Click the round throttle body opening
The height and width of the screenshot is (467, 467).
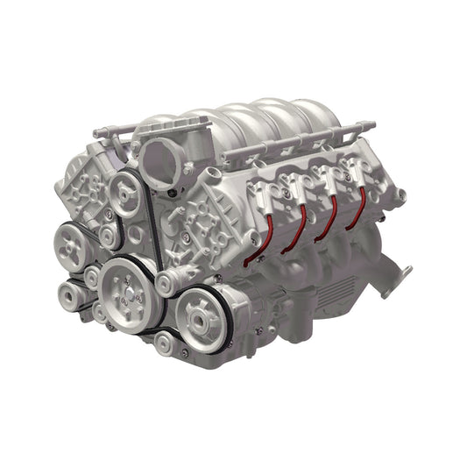pos(160,158)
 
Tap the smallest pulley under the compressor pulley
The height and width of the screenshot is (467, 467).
pos(164,343)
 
